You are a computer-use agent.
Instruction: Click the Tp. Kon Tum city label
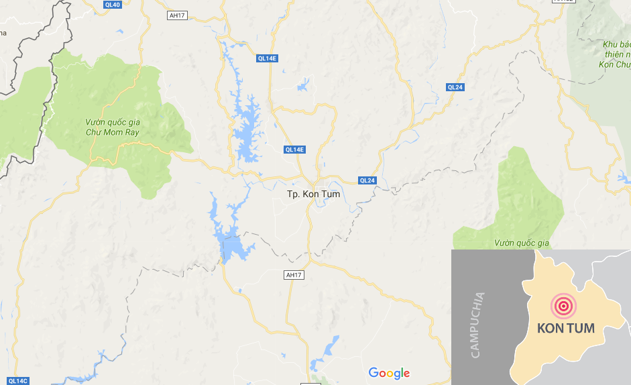[313, 194]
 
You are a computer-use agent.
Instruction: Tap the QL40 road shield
[113, 5]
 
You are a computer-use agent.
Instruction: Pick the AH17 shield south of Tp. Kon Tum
[294, 275]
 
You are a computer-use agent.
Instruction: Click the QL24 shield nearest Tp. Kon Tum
[367, 180]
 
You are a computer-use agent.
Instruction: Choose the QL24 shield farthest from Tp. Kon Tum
[455, 87]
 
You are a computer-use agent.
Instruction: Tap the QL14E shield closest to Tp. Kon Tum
[294, 149]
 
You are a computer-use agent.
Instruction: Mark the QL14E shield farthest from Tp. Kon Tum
[267, 58]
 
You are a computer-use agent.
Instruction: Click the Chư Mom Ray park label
[112, 127]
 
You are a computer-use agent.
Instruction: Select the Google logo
[389, 373]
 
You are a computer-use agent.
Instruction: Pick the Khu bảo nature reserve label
[612, 54]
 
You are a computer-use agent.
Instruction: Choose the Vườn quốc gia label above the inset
[522, 242]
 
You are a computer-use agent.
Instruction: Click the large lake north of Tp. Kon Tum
[245, 131]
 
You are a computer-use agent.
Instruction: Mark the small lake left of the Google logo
[330, 349]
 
